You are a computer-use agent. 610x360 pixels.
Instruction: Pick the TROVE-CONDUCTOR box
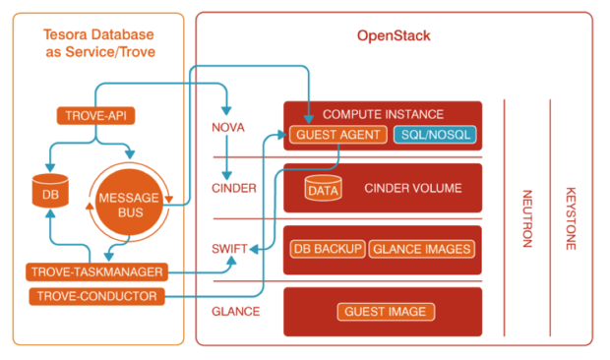point(90,296)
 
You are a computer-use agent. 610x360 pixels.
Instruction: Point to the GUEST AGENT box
point(337,135)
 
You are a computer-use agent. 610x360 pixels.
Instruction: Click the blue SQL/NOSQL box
point(434,135)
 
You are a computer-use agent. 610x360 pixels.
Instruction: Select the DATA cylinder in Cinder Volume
point(323,189)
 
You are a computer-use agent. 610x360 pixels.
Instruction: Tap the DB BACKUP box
point(328,249)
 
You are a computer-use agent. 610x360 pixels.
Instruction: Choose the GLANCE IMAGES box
point(421,249)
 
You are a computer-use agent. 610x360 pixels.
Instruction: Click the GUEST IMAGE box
point(385,312)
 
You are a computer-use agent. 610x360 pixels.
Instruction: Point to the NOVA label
point(228,129)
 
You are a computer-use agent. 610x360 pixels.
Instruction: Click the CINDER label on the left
point(232,188)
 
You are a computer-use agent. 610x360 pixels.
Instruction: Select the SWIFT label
point(230,250)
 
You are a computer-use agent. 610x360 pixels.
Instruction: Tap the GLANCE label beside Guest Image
point(235,312)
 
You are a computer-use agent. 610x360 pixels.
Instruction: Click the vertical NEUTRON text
point(525,218)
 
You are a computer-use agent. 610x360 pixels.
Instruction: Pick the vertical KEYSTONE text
point(570,218)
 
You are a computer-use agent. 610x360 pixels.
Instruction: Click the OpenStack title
point(393,36)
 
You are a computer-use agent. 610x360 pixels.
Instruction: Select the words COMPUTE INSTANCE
point(384,114)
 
